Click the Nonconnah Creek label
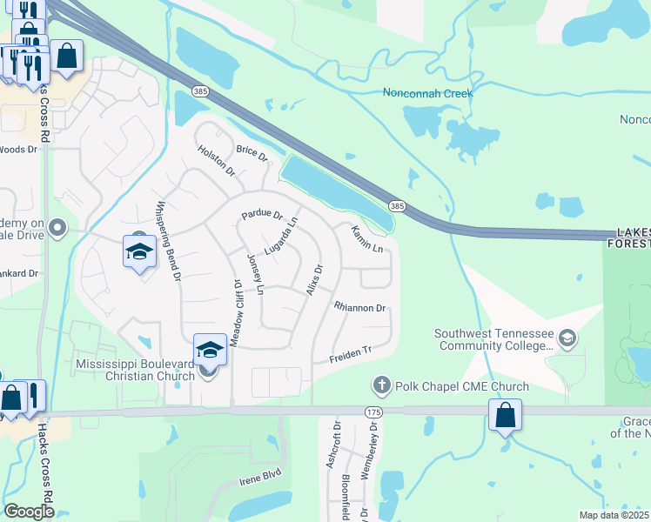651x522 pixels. [427, 93]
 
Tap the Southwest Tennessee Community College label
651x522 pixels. [494, 339]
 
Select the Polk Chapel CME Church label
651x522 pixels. [461, 386]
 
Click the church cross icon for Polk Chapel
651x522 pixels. [381, 385]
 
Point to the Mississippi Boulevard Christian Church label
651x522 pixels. [135, 370]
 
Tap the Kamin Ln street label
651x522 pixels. [367, 239]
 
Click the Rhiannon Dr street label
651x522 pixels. [359, 308]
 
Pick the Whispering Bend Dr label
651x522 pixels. [167, 241]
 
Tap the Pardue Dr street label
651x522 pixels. [263, 214]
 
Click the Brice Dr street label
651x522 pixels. [252, 151]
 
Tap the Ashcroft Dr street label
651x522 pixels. [332, 446]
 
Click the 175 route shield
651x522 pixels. [374, 412]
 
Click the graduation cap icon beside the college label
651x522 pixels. [567, 338]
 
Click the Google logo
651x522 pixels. [29, 512]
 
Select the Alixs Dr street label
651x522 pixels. [314, 279]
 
